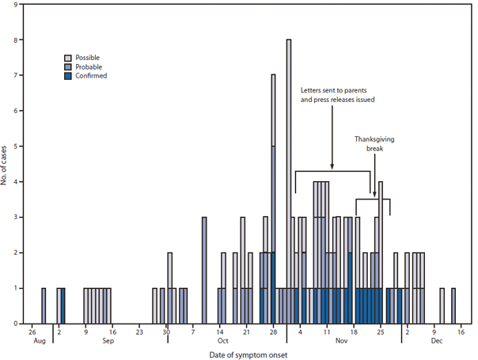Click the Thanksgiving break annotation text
(x=374, y=143)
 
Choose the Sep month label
(x=108, y=341)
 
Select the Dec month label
(x=436, y=341)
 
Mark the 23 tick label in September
(x=139, y=332)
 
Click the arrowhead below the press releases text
(x=332, y=168)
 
